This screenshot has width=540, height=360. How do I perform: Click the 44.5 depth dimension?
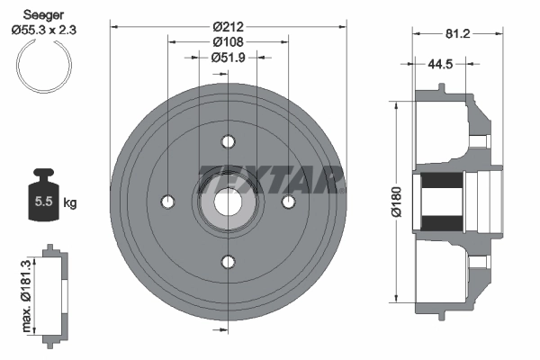pyautogui.click(x=440, y=64)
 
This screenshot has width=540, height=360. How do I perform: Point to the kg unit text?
pyautogui.click(x=71, y=202)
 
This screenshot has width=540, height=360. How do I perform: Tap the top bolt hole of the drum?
pyautogui.click(x=227, y=141)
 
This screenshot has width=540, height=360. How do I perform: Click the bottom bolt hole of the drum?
pyautogui.click(x=227, y=262)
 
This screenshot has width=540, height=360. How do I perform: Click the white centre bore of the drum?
pyautogui.click(x=227, y=202)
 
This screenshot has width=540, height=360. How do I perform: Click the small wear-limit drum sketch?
pyautogui.click(x=55, y=292)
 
